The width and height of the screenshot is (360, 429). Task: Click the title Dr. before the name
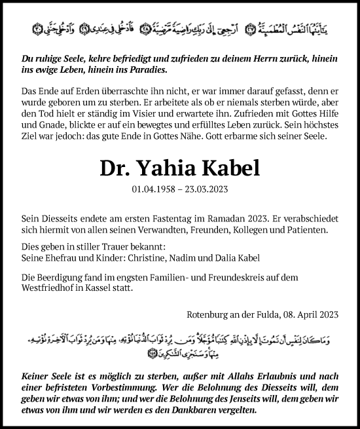115,168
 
